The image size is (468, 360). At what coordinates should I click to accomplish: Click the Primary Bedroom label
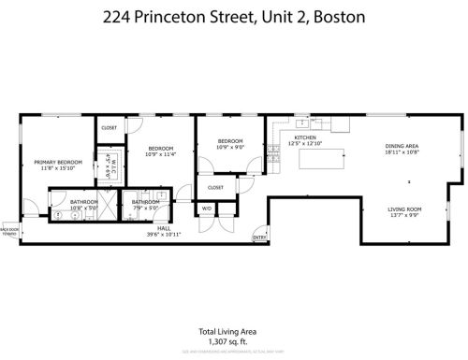[58, 162]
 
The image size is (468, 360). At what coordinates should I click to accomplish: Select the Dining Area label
[402, 146]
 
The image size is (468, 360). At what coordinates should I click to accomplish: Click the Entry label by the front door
[258, 237]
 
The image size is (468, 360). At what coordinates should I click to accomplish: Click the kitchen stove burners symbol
[274, 150]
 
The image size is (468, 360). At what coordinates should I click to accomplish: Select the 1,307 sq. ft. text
[227, 340]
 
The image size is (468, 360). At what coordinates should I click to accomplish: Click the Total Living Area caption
[227, 330]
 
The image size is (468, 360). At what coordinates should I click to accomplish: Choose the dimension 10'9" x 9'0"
[230, 148]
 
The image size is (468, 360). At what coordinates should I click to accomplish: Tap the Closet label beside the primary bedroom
[109, 127]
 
